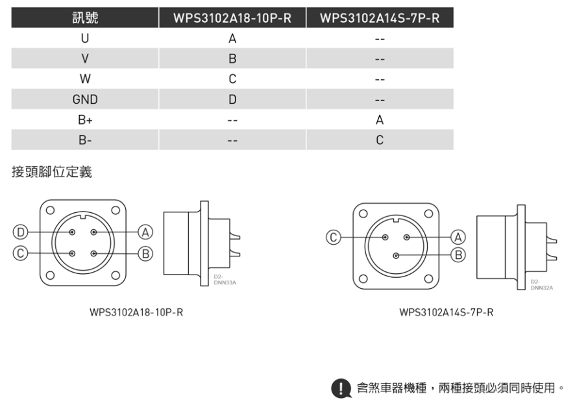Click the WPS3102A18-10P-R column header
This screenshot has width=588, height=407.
tap(232, 18)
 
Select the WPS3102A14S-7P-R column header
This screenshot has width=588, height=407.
tap(380, 18)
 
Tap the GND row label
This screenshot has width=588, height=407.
tap(85, 99)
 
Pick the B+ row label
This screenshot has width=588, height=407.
tap(85, 119)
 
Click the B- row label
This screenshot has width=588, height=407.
tap(85, 140)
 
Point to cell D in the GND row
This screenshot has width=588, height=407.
tap(232, 99)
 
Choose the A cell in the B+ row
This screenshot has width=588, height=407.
tap(380, 119)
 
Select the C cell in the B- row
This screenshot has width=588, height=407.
tap(380, 140)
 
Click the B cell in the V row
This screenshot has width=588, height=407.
tap(232, 58)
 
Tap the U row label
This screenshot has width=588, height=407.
tap(85, 38)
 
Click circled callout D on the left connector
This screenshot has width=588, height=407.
tap(21, 232)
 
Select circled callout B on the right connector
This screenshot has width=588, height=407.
tap(458, 255)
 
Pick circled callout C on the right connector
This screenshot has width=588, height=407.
tap(334, 238)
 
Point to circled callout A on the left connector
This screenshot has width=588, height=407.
tap(145, 232)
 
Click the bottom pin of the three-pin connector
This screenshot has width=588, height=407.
tap(396, 256)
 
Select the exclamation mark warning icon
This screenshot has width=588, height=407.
tap(341, 388)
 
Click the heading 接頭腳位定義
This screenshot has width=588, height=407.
tap(52, 172)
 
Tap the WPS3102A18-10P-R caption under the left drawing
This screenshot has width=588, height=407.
tap(136, 312)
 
